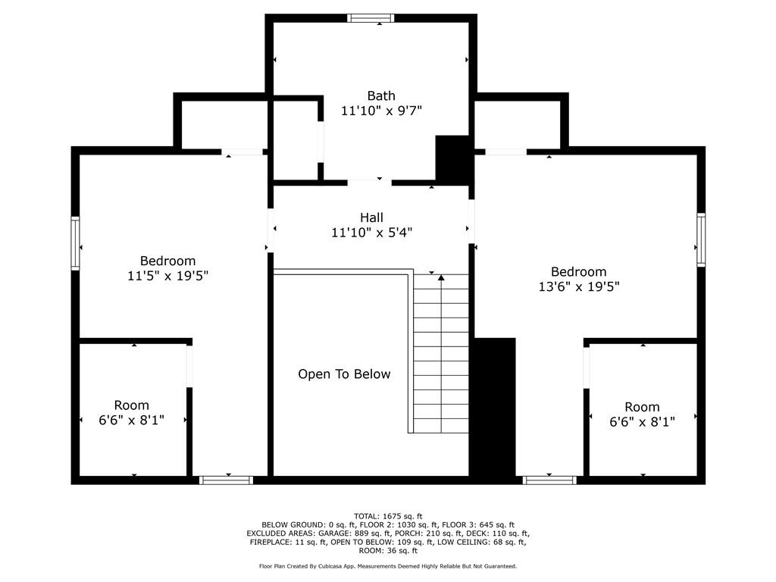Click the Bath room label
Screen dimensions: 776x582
pos(381,95)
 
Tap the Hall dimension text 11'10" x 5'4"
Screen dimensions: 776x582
pos(371,232)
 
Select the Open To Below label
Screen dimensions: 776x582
pos(345,374)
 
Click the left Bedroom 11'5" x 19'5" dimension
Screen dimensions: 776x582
pos(167,276)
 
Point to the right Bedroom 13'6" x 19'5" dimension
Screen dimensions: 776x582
pos(579,286)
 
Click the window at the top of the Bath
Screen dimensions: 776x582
pos(371,18)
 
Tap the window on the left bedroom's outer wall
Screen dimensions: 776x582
pos(75,243)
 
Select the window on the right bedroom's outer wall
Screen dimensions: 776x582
pos(701,240)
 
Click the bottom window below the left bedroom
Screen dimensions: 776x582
pos(226,480)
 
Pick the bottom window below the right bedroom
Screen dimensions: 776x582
pos(550,480)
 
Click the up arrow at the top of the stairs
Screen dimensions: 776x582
pos(441,277)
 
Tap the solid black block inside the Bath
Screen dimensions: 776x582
pos(452,158)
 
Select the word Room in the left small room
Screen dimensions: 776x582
pos(132,405)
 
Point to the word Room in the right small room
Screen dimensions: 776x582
pos(643,407)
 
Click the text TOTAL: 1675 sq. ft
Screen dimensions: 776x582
pos(388,516)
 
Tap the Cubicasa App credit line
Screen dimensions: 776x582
pos(388,566)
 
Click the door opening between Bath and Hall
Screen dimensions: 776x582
pos(369,183)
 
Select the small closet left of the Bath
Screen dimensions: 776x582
pos(296,140)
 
